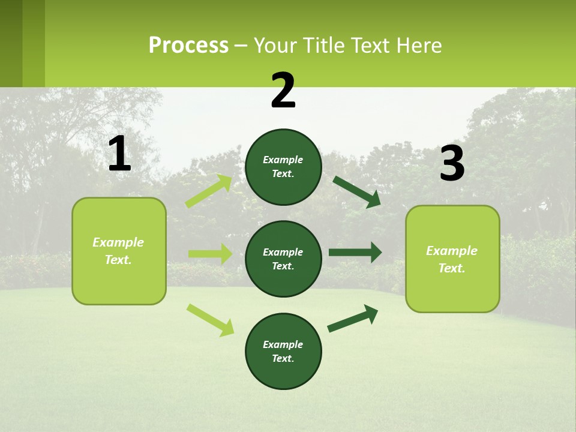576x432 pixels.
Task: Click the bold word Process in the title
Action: click(188, 46)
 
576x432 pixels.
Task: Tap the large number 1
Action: click(119, 154)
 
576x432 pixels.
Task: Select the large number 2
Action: click(283, 91)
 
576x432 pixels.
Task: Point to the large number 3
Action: click(452, 164)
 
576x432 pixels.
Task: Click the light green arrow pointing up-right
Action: click(209, 191)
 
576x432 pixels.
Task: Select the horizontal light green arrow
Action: click(210, 254)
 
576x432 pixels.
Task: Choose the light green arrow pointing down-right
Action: click(211, 320)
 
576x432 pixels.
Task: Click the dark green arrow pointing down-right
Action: click(357, 192)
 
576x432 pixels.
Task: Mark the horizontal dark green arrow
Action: click(355, 253)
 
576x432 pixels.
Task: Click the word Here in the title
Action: click(419, 46)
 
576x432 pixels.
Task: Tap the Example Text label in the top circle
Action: click(283, 167)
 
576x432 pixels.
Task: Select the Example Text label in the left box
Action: click(118, 251)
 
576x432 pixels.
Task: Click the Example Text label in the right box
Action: click(452, 259)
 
